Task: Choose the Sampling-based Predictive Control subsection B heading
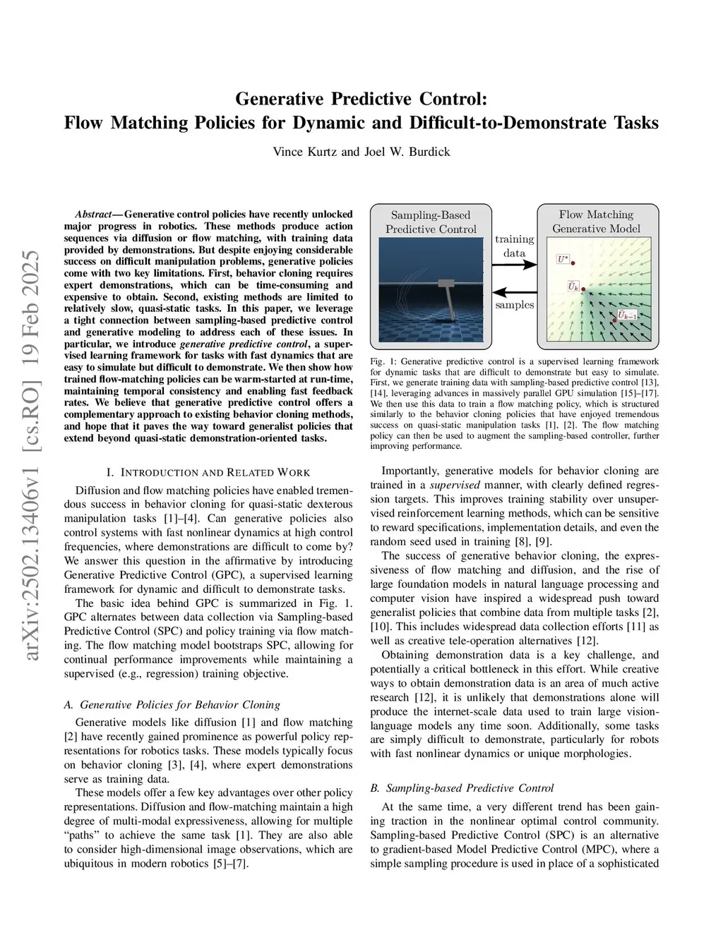[462, 788]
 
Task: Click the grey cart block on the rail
[448, 283]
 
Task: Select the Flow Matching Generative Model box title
[596, 221]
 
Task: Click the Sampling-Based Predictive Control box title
[430, 222]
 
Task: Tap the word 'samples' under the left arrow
[514, 305]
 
